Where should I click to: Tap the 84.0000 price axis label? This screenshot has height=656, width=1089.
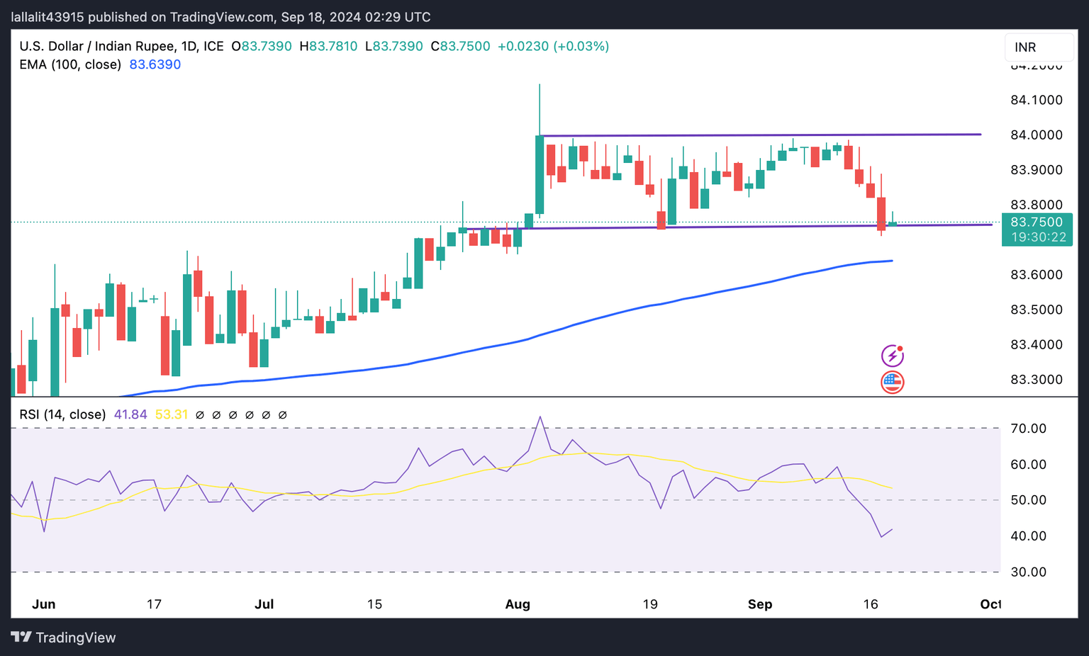click(1036, 135)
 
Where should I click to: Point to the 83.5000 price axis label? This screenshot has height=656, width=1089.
click(1036, 310)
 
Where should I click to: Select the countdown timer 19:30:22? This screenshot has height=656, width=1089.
click(1038, 237)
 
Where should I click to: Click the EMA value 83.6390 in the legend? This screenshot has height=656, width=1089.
click(155, 64)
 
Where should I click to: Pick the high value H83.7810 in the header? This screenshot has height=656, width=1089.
click(328, 47)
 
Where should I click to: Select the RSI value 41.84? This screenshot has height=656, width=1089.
click(130, 414)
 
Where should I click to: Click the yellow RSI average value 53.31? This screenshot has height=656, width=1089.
click(171, 414)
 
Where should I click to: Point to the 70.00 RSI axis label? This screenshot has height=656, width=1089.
click(1028, 429)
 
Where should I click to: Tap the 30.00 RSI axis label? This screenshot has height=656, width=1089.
click(1028, 572)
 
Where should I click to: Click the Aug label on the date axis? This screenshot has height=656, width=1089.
click(518, 604)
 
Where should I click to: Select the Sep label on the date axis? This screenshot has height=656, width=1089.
click(760, 604)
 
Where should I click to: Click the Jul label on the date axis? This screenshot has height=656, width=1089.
click(264, 604)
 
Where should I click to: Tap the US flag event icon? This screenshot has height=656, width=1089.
click(892, 382)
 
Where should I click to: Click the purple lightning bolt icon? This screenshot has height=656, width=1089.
click(892, 356)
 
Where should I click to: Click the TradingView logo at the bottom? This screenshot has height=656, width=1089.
click(64, 638)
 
